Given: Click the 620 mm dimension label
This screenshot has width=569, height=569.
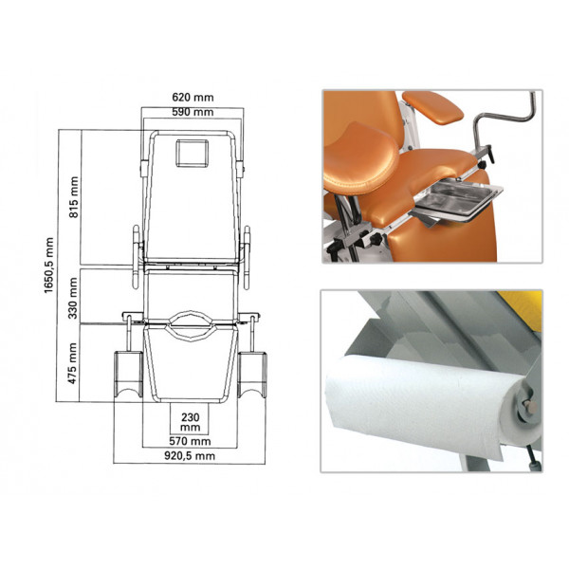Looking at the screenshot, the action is [193, 98].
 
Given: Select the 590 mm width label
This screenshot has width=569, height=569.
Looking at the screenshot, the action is [193, 112].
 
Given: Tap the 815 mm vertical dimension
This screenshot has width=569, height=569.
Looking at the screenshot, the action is [74, 197].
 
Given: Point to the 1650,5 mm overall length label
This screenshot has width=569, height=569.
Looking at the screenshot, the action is [49, 266].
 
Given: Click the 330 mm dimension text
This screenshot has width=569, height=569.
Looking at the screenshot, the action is [73, 298].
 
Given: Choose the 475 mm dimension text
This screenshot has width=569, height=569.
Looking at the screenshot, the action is [73, 363].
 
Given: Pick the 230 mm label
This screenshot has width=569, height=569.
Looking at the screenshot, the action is [191, 422].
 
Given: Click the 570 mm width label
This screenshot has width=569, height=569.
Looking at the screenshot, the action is [190, 441].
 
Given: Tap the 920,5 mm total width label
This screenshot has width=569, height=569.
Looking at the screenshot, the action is [190, 456].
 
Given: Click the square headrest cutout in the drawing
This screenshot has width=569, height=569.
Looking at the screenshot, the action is [193, 153].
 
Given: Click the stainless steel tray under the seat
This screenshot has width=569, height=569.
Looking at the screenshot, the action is [460, 200].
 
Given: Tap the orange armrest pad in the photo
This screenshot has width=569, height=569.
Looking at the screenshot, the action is [432, 107].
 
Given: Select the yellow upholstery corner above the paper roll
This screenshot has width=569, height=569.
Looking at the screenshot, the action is [521, 307].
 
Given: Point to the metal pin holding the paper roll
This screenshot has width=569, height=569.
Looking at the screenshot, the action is [530, 407].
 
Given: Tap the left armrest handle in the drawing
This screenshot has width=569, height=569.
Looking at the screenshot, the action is [136, 257].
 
